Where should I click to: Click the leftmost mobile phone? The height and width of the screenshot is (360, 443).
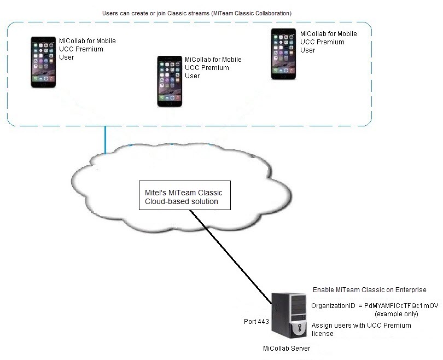(x=43, y=62)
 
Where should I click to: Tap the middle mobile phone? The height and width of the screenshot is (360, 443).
(x=169, y=80)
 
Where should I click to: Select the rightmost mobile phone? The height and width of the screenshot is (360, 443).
(x=283, y=54)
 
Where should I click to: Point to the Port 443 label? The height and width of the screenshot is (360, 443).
(x=257, y=321)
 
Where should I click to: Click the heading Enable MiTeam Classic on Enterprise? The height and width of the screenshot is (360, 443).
(x=369, y=289)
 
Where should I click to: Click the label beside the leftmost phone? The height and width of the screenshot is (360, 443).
(x=88, y=49)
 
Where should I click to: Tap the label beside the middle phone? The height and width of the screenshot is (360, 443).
(x=213, y=67)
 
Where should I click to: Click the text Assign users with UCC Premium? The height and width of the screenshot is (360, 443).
(x=361, y=326)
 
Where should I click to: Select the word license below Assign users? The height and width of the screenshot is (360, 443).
(x=322, y=334)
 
